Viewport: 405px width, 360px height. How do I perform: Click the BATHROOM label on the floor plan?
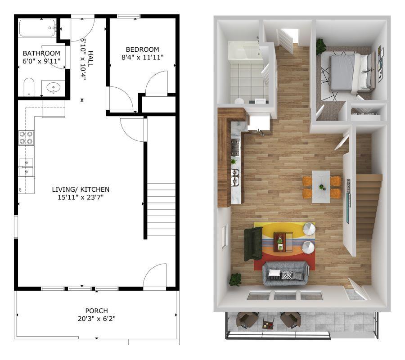[x=41, y=53]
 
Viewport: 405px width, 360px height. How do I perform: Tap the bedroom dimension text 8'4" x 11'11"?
[x=142, y=57]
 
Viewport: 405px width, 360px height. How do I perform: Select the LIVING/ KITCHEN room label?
[x=81, y=189]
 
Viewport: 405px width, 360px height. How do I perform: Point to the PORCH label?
[x=97, y=310]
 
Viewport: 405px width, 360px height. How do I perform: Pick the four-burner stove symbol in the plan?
[x=26, y=137]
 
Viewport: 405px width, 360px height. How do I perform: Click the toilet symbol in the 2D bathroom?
[x=29, y=86]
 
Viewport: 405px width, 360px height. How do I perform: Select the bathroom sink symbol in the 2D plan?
[x=53, y=87]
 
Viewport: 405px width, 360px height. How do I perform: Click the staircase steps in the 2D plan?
[x=162, y=209]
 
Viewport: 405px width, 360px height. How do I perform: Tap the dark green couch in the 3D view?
[x=253, y=243]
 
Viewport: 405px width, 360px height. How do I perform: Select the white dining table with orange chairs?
[x=321, y=186]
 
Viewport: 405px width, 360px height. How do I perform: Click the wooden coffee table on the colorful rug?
[x=283, y=241]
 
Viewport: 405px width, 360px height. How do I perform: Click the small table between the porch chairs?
[x=268, y=323]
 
